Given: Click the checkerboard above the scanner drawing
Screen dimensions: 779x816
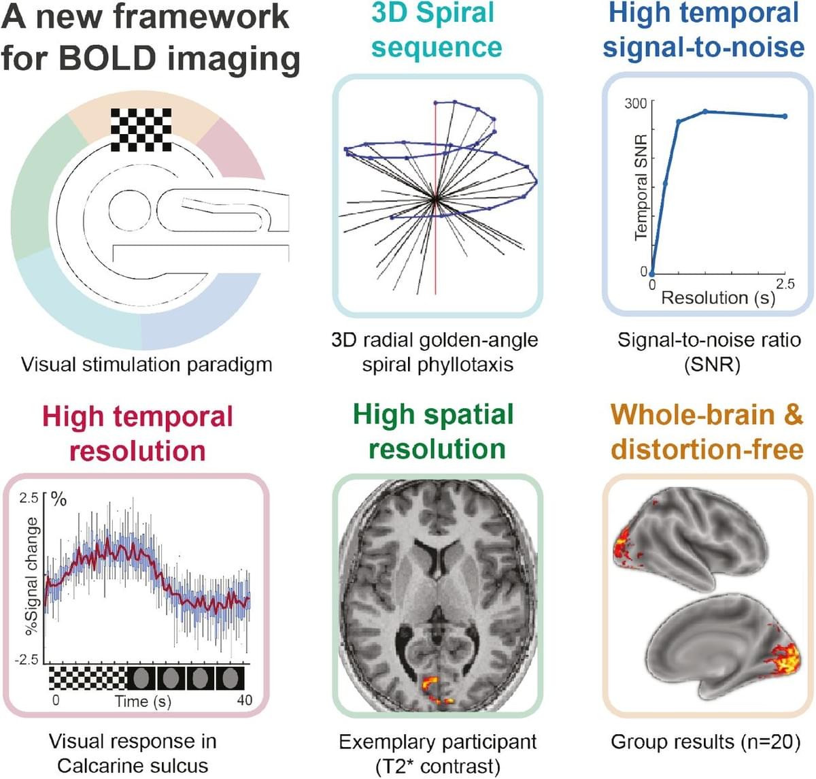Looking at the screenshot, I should (141, 129).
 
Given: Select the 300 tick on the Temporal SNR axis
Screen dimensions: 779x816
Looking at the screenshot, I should (635, 103).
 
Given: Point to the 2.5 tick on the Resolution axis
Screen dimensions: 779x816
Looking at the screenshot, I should (785, 284).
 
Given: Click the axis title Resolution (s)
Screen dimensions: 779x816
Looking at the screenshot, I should (718, 298).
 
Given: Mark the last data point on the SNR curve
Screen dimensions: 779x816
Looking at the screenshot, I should (785, 116).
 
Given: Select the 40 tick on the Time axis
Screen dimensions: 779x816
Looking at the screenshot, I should (244, 700).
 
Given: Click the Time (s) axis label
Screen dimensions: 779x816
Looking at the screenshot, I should (143, 701).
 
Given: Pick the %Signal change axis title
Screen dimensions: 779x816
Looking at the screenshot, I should (31, 576).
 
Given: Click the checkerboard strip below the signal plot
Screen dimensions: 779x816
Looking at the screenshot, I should (88, 678).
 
